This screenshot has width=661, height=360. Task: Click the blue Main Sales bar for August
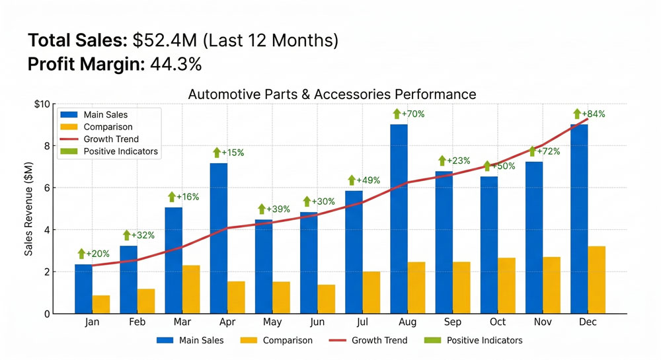(x=399, y=218)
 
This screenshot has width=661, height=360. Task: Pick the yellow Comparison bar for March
(x=192, y=289)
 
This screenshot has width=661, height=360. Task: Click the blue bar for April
(x=218, y=238)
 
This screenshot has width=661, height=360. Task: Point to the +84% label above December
(x=593, y=114)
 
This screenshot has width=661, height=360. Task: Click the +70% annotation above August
(x=413, y=114)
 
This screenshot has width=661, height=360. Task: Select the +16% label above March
(x=188, y=197)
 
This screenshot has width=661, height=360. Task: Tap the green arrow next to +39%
(x=262, y=209)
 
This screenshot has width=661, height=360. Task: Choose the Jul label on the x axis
(x=362, y=322)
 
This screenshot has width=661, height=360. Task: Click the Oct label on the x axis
(x=498, y=322)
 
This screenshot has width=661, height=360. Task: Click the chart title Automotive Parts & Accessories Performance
(x=332, y=94)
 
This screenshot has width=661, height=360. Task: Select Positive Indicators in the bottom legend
(x=485, y=340)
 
